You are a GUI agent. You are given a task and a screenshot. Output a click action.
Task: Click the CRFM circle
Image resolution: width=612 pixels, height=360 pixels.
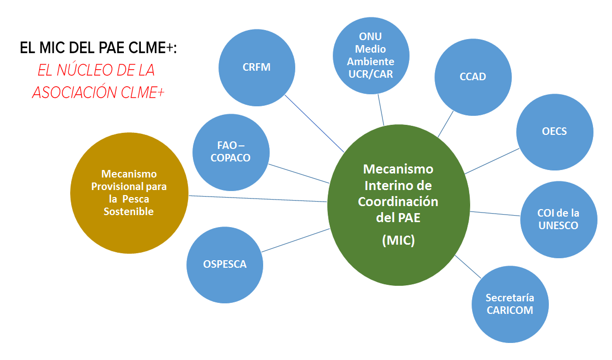click(257, 67)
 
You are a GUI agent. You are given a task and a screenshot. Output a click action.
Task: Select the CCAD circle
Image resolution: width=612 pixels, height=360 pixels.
click(473, 77)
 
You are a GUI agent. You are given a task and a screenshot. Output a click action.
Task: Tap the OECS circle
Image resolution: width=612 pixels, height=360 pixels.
click(554, 132)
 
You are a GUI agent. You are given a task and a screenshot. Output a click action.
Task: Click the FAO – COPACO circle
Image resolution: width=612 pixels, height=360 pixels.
click(231, 152)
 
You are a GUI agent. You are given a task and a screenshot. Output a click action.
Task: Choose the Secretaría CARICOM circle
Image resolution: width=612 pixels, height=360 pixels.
click(510, 304)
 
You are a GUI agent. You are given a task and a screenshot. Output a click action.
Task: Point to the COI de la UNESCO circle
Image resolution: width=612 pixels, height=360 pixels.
click(558, 220)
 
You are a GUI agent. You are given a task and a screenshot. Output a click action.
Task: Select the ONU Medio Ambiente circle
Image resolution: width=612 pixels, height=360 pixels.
click(370, 55)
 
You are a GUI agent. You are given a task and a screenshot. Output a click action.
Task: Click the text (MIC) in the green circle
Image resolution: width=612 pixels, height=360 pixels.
click(398, 240)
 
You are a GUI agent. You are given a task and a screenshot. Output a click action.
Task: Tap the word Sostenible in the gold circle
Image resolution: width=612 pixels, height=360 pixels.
click(128, 212)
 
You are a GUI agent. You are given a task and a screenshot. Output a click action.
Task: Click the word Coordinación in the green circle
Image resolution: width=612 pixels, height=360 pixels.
click(398, 202)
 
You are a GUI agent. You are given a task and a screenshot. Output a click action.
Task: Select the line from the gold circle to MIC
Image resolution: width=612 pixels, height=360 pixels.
click(258, 199)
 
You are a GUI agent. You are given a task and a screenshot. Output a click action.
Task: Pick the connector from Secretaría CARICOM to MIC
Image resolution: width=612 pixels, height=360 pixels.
click(468, 266)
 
